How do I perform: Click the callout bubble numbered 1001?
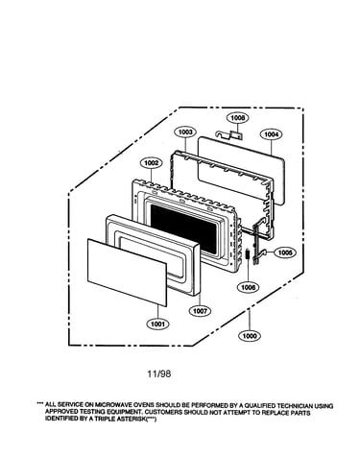click(157, 324)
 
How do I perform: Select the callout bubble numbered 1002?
click(152, 163)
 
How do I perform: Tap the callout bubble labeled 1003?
click(185, 132)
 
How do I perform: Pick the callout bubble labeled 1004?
click(272, 134)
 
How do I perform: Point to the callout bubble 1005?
click(285, 252)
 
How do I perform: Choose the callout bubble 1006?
click(249, 287)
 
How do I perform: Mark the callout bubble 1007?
click(200, 311)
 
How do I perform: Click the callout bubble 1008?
click(238, 118)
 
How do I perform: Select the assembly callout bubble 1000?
click(250, 336)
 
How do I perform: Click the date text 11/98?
click(159, 373)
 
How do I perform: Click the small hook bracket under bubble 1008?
click(229, 134)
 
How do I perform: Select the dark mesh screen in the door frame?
click(183, 228)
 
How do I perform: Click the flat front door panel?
click(127, 272)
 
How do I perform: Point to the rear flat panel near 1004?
click(241, 171)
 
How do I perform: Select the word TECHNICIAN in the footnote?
click(296, 406)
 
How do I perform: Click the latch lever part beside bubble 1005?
click(257, 243)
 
